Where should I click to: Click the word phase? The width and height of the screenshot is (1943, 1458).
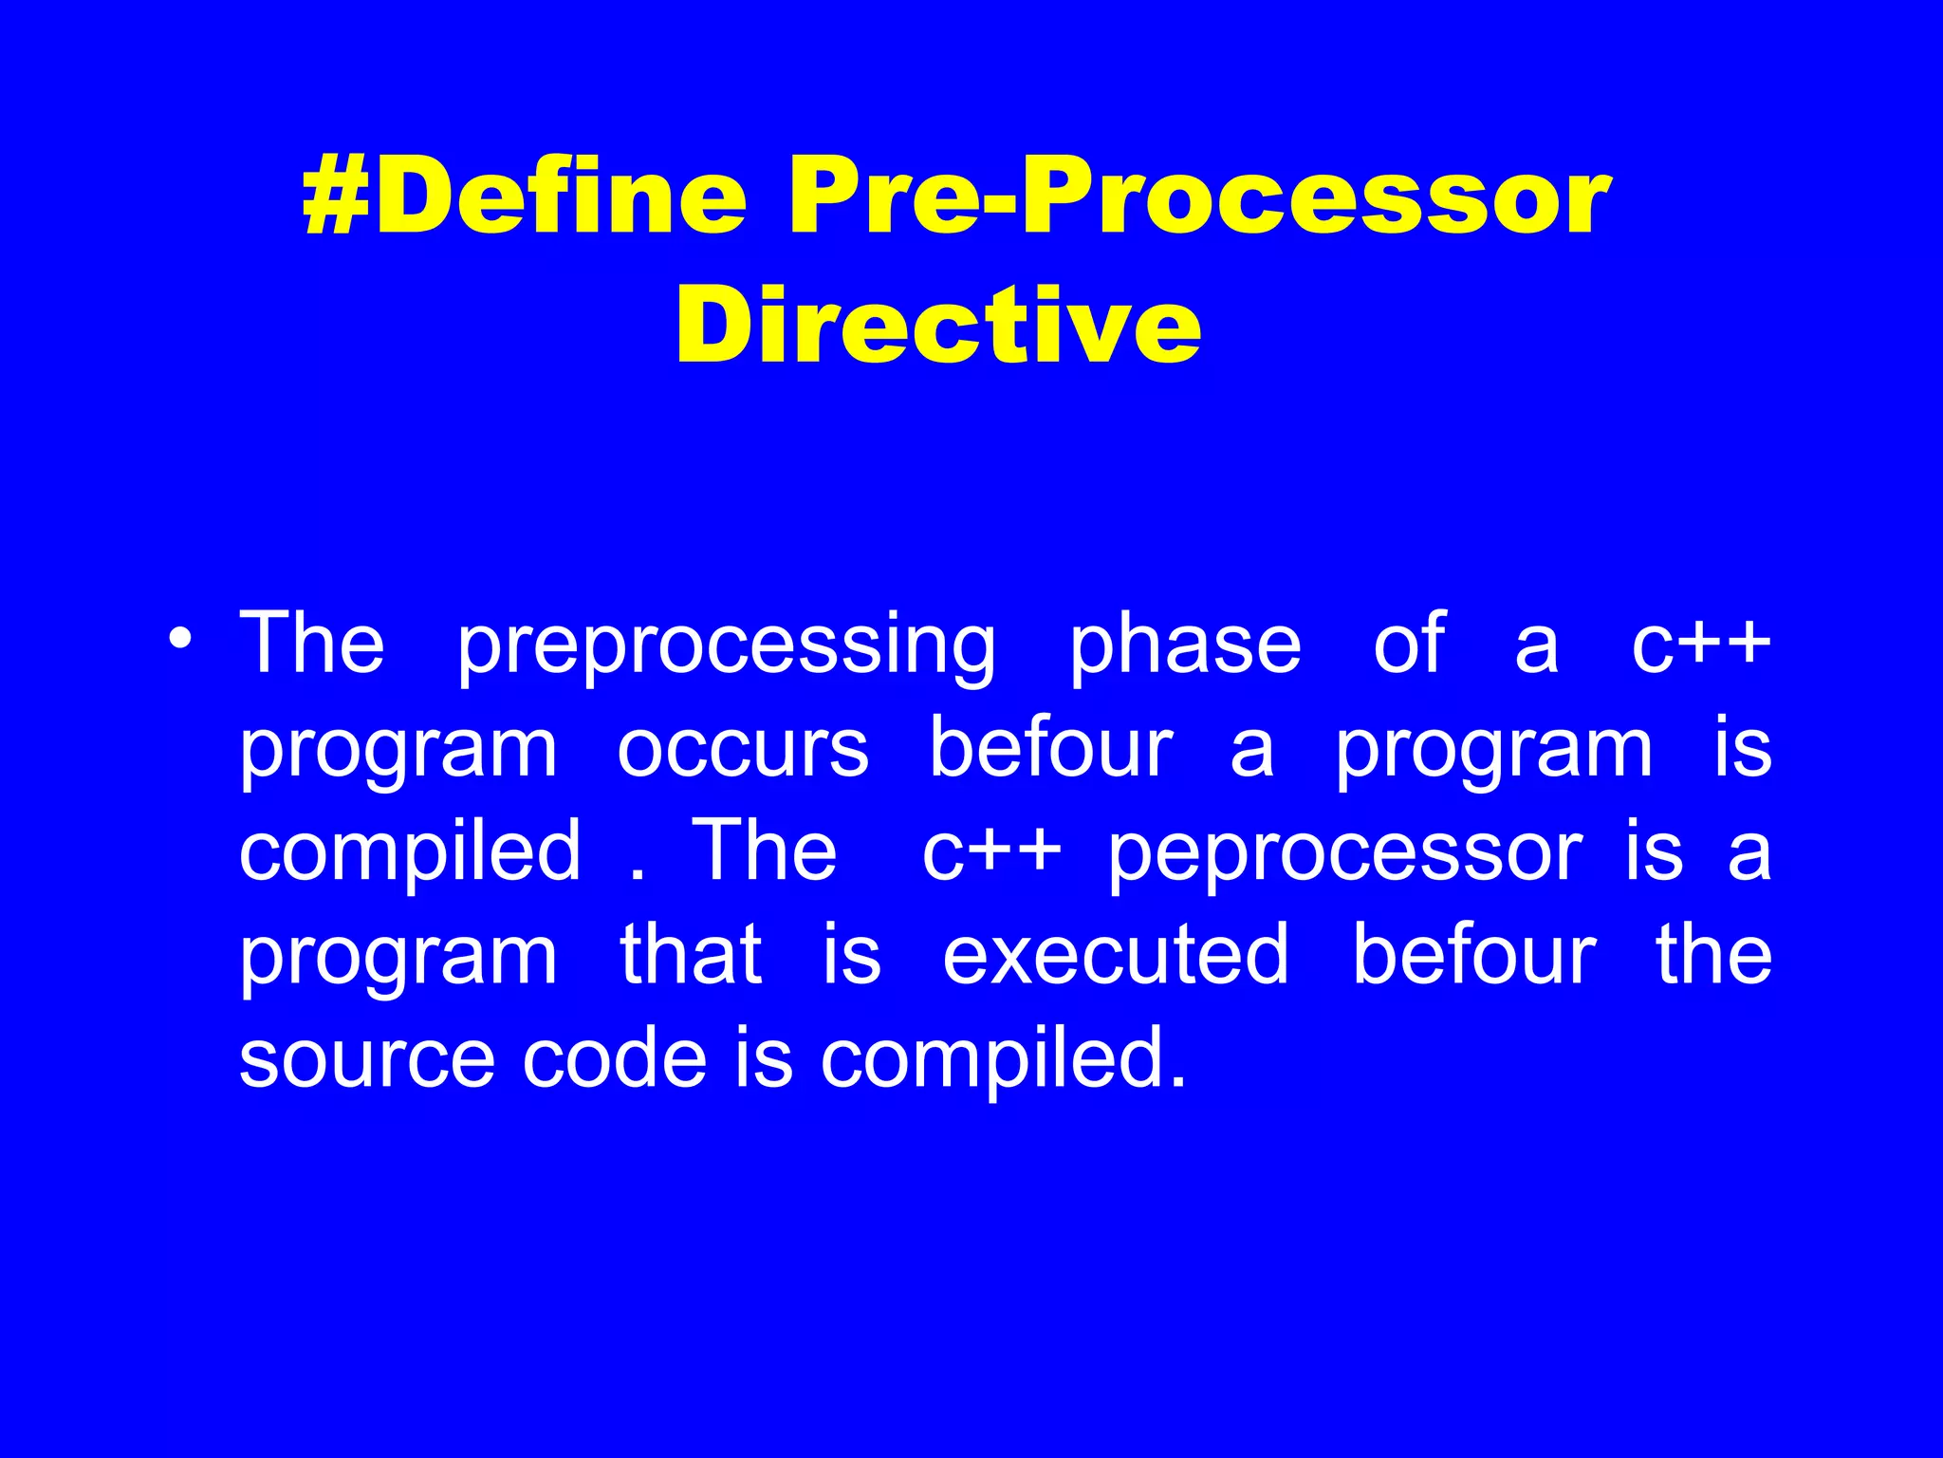[1185, 645]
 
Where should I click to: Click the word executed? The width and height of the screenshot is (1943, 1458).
[1116, 955]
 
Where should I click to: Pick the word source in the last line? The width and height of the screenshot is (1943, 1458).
[366, 1059]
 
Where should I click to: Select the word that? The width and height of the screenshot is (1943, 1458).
[691, 955]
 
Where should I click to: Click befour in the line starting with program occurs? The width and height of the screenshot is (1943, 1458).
[1051, 748]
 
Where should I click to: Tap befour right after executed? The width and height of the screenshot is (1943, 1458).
[1474, 955]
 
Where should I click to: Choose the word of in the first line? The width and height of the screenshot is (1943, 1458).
[1409, 645]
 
